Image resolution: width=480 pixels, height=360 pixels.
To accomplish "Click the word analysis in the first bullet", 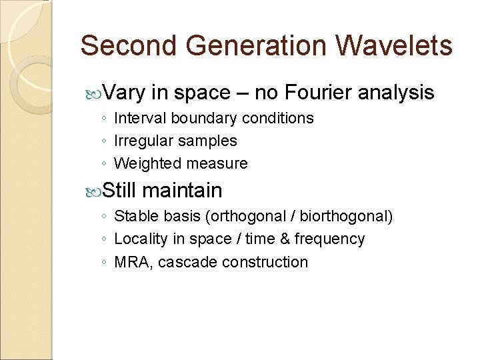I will [x=396, y=92].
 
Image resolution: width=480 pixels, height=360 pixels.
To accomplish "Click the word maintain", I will [x=182, y=191].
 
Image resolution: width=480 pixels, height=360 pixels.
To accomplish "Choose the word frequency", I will [x=331, y=239].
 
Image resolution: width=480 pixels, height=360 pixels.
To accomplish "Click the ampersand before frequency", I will [x=288, y=239].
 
